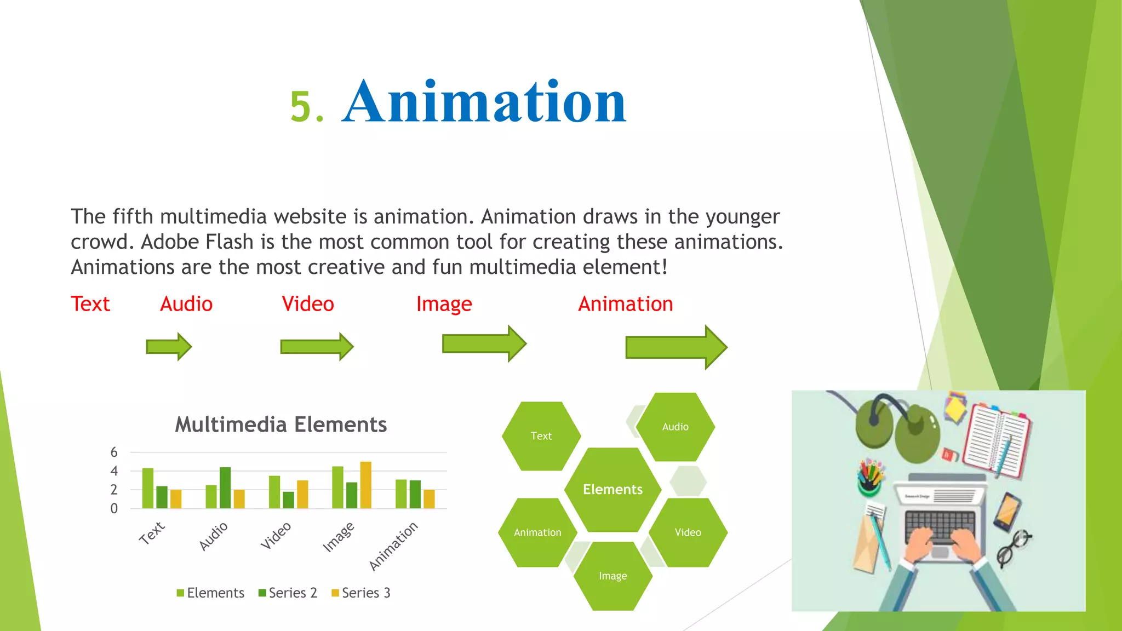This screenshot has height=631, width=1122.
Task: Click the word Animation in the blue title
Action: click(x=484, y=102)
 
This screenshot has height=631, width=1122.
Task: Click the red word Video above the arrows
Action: click(x=307, y=304)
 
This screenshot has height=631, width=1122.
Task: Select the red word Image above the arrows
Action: click(x=444, y=304)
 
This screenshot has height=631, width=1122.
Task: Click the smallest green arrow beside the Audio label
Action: click(x=168, y=347)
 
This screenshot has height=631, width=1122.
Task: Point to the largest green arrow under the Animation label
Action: click(x=676, y=347)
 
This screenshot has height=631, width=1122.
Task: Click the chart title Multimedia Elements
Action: click(x=280, y=425)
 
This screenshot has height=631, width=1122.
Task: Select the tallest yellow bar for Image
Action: click(x=365, y=485)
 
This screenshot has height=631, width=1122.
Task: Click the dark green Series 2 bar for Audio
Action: click(x=225, y=487)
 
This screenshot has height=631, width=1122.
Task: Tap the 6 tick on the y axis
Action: click(x=114, y=452)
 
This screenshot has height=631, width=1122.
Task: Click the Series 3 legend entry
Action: click(x=361, y=593)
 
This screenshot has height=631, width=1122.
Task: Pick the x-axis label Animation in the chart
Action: click(x=393, y=546)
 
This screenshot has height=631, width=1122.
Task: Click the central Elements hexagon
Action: click(x=612, y=489)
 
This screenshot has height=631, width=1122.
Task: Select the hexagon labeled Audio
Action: click(x=675, y=427)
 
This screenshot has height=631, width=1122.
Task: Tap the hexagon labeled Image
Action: click(x=612, y=576)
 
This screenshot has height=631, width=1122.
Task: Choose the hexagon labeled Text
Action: click(x=541, y=436)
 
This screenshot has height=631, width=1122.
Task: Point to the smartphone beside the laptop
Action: click(x=1007, y=512)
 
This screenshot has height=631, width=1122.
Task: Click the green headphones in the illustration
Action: click(x=898, y=430)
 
